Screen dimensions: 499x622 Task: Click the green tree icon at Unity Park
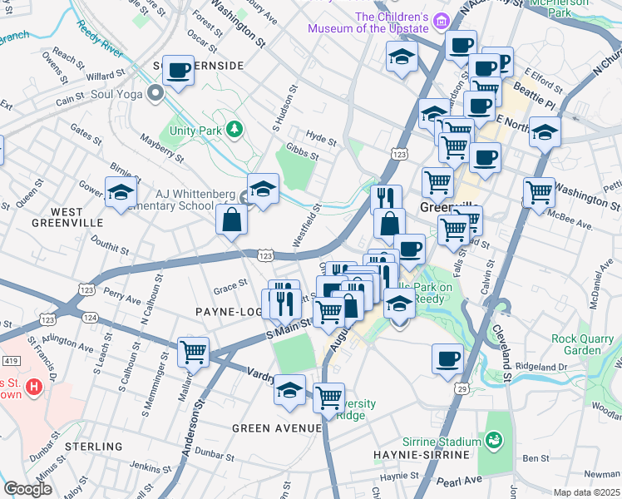point(235,129)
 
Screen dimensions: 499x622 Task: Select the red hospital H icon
point(33,387)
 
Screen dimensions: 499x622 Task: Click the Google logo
point(27,489)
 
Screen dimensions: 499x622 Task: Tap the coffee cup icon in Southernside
point(178,71)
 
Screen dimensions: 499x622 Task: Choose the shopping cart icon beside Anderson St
point(194,350)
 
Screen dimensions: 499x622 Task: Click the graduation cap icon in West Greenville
point(121,192)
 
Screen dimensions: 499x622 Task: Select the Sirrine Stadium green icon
point(493,439)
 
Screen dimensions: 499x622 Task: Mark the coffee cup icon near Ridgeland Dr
point(447,358)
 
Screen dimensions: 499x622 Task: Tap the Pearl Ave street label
point(461,481)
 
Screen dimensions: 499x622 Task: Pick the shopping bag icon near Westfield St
point(232,220)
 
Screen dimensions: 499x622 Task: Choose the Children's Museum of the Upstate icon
point(442,21)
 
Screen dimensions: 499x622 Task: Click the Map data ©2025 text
point(586,492)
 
